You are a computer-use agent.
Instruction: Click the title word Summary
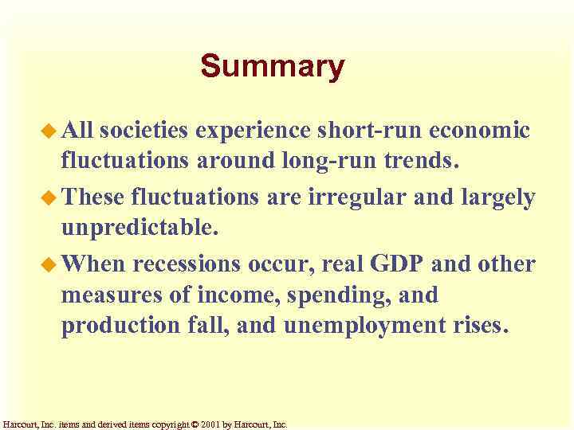(272, 67)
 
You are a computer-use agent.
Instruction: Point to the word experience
(258, 131)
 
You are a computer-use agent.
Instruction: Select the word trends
(423, 162)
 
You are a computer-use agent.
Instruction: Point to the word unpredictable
(139, 229)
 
